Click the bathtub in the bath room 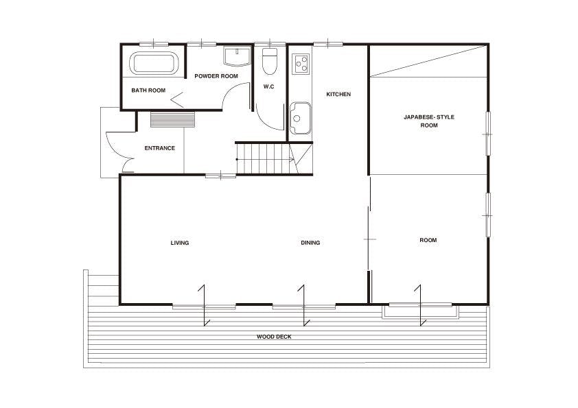coord(154,63)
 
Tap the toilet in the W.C coord(270,61)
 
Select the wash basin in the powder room coord(237,57)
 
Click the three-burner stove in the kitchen coord(301,63)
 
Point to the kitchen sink coord(301,118)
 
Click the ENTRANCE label coord(160,148)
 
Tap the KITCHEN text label coord(338,94)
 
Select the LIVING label coord(180,243)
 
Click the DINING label coord(310,243)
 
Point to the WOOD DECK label coord(274,337)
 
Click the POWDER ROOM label coord(216,76)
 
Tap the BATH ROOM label coord(148,91)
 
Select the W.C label coord(268,86)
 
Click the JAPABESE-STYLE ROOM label coord(429,121)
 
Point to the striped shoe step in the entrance coord(172,120)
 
